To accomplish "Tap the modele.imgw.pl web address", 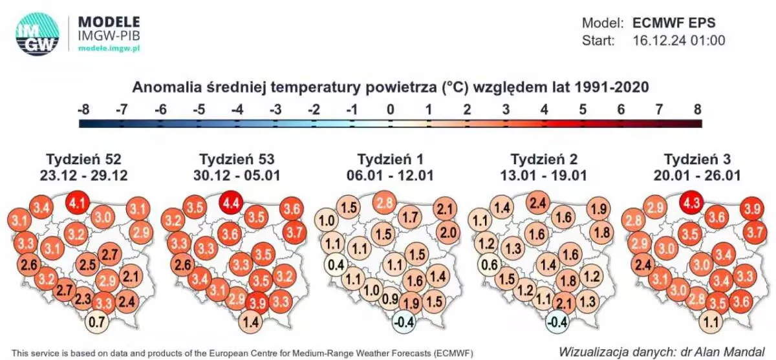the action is [x=109, y=48].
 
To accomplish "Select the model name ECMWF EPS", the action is [x=674, y=23].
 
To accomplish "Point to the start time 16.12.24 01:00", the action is [x=678, y=41].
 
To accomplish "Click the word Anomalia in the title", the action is [x=167, y=87].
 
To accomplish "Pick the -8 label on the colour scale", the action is [x=83, y=110].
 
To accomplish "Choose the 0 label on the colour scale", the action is [x=391, y=110].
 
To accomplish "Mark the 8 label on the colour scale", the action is [x=698, y=110].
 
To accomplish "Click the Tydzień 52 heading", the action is [x=84, y=160].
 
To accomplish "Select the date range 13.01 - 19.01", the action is [x=544, y=176].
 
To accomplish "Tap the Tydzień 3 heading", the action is [x=697, y=160].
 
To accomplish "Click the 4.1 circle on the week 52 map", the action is [x=78, y=202].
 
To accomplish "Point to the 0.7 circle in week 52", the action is [x=97, y=322].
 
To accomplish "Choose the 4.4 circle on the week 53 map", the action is [x=231, y=202].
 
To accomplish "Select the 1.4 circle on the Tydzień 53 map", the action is [x=250, y=322].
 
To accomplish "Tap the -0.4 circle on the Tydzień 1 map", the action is [x=404, y=322].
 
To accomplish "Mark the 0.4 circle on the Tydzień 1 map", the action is [x=336, y=265].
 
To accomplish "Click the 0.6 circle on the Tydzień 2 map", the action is [x=490, y=265].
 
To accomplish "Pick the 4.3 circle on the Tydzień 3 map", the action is [x=691, y=202].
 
